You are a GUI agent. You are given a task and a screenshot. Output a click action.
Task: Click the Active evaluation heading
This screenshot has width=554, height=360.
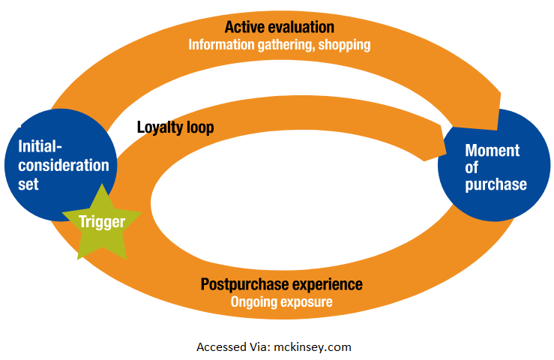(279, 28)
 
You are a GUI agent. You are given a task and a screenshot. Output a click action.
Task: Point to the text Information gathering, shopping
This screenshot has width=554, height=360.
(279, 45)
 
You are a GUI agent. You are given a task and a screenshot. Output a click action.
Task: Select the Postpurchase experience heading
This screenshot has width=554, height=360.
(281, 285)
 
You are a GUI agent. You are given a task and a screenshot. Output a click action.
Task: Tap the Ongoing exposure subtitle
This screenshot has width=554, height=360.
(281, 301)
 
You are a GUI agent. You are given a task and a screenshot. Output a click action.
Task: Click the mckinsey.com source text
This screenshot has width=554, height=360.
(315, 347)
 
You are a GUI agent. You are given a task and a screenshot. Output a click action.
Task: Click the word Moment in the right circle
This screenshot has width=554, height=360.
(492, 150)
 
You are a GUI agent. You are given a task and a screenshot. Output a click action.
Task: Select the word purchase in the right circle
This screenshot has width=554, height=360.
(496, 184)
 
